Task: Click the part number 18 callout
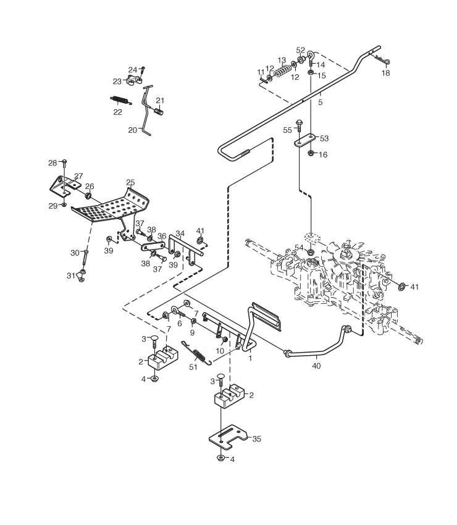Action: (385, 73)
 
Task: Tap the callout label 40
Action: (317, 366)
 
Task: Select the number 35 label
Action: (257, 439)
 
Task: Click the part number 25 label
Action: (130, 182)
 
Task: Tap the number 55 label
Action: (287, 130)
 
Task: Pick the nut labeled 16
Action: (312, 153)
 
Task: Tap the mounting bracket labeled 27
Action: (65, 184)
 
